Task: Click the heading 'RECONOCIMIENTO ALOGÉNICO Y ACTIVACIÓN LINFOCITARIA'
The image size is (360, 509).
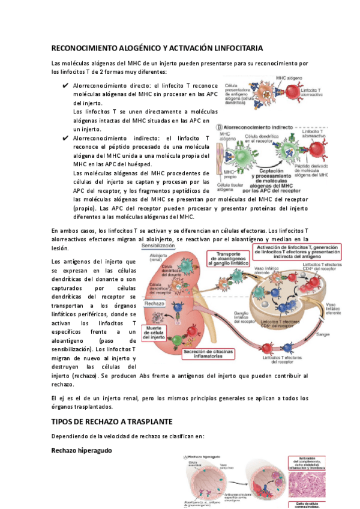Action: click(x=157, y=47)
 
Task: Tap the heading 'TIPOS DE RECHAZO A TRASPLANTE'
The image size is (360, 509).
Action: click(x=112, y=422)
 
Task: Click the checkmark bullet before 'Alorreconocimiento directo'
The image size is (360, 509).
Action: click(x=65, y=86)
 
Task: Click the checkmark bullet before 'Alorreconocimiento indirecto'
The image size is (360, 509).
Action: click(x=65, y=139)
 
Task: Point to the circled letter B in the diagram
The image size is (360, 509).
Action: click(x=220, y=127)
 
